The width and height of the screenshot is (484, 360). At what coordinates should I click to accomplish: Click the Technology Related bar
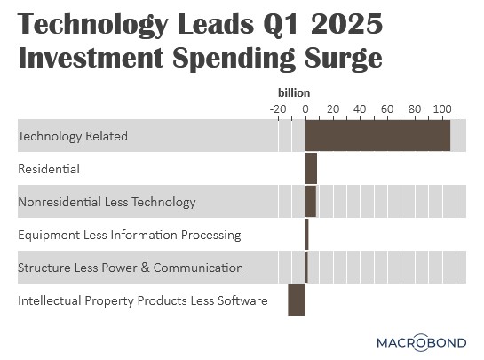tap(377, 136)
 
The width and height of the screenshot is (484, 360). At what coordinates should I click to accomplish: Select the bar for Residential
tap(311, 168)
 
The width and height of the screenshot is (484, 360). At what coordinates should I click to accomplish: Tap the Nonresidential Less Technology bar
tap(311, 202)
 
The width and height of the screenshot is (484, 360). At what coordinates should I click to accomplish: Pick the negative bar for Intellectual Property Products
tap(297, 300)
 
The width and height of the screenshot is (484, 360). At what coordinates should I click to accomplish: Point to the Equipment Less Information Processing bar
tap(306, 235)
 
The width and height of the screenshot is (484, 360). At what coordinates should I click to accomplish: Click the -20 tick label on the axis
tap(278, 109)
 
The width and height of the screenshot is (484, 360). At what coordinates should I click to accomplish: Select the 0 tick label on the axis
tap(305, 109)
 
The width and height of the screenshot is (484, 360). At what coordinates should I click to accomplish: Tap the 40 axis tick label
tap(360, 109)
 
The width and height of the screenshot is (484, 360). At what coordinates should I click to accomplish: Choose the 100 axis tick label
tap(442, 109)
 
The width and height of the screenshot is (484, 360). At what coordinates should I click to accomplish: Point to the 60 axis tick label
tap(387, 109)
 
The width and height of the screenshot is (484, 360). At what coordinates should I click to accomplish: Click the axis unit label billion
tap(294, 92)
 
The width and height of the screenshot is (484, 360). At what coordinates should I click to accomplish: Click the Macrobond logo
tap(421, 342)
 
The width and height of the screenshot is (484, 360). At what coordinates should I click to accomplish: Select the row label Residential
tap(49, 169)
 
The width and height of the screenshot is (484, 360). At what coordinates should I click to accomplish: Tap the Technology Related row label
tap(73, 136)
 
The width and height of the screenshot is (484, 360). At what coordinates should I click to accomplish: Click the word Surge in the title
tap(344, 58)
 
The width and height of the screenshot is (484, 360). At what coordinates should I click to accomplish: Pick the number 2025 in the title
tap(346, 24)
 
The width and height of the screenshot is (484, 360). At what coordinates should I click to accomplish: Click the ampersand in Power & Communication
tap(145, 268)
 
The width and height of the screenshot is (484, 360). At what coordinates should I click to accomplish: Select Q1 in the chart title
tap(281, 25)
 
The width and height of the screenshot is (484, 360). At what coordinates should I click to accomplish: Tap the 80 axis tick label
tap(415, 109)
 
